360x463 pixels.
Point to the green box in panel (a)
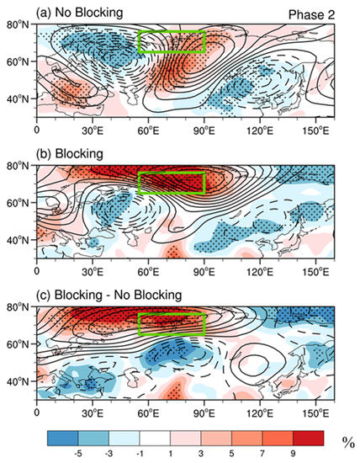pos(172,43)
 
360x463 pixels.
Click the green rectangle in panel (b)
pos(172,183)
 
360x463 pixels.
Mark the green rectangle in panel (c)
pos(172,323)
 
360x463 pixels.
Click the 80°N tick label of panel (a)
pos(18,25)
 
